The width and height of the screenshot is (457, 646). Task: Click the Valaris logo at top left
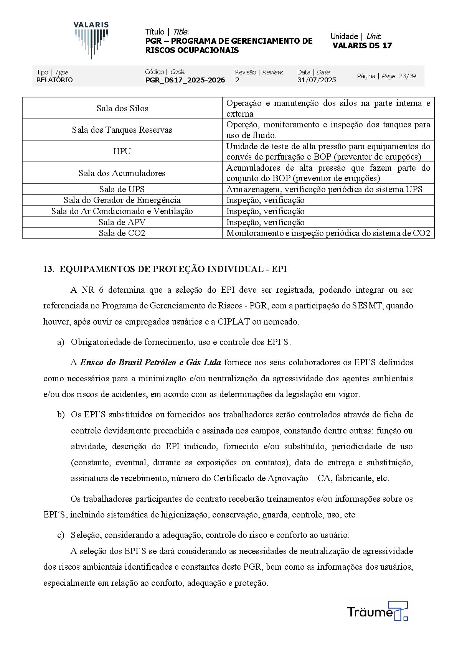pyautogui.click(x=91, y=40)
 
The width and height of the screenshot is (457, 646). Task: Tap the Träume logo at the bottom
pyautogui.click(x=377, y=611)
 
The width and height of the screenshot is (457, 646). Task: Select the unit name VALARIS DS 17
pyautogui.click(x=362, y=46)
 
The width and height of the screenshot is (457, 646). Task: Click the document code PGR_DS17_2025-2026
pyautogui.click(x=185, y=80)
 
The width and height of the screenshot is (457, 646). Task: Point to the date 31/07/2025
pyautogui.click(x=316, y=80)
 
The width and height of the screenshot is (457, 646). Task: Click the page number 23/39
pyautogui.click(x=407, y=76)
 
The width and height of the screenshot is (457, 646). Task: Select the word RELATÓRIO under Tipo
pyautogui.click(x=54, y=80)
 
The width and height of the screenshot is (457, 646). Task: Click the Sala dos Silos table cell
pyautogui.click(x=122, y=109)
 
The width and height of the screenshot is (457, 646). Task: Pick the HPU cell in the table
pyautogui.click(x=122, y=152)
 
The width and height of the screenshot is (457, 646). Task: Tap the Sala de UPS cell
pyautogui.click(x=122, y=189)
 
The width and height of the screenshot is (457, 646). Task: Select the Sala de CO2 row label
pyautogui.click(x=122, y=233)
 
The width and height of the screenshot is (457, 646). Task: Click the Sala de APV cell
pyautogui.click(x=122, y=222)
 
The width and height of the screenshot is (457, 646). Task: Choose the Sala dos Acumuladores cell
pyautogui.click(x=122, y=173)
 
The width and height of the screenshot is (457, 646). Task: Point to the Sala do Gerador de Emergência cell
pyautogui.click(x=122, y=200)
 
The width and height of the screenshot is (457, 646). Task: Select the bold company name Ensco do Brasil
pyautogui.click(x=150, y=363)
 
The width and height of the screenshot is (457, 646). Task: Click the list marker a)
pyautogui.click(x=61, y=342)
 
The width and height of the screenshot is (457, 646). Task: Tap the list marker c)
pyautogui.click(x=61, y=535)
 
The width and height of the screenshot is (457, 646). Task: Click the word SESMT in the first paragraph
pyautogui.click(x=367, y=306)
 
